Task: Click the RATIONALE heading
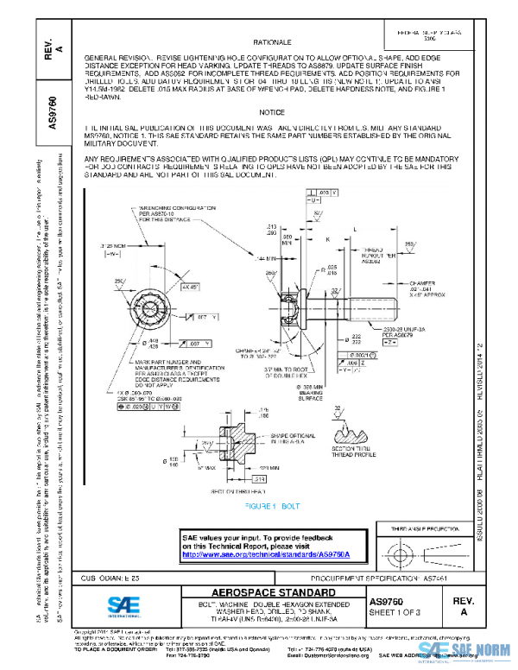point(272,41)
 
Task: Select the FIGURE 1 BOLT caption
point(272,503)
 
